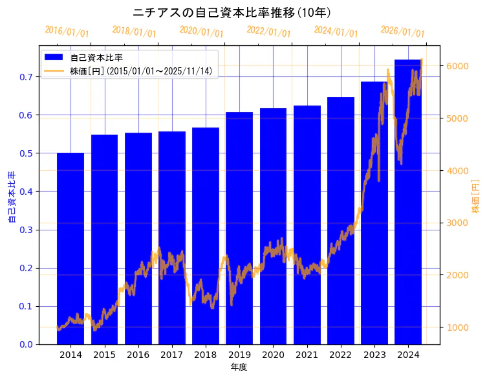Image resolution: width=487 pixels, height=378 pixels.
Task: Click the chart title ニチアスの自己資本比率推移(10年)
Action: (232, 12)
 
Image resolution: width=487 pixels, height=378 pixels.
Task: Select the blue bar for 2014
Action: (70, 249)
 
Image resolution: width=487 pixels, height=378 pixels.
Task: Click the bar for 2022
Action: (341, 221)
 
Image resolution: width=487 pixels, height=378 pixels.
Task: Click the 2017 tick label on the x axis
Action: (172, 355)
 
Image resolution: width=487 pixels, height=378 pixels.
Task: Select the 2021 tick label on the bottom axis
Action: (307, 355)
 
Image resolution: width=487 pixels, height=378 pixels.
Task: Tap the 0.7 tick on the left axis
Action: (25, 77)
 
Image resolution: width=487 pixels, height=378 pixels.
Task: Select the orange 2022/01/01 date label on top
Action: (269, 32)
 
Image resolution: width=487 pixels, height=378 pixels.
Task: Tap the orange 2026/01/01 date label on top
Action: (403, 32)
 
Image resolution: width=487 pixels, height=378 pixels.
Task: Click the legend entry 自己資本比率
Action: (97, 58)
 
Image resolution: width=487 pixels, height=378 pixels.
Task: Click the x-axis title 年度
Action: (239, 367)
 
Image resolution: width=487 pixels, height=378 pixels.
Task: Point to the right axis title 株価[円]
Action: (475, 196)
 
